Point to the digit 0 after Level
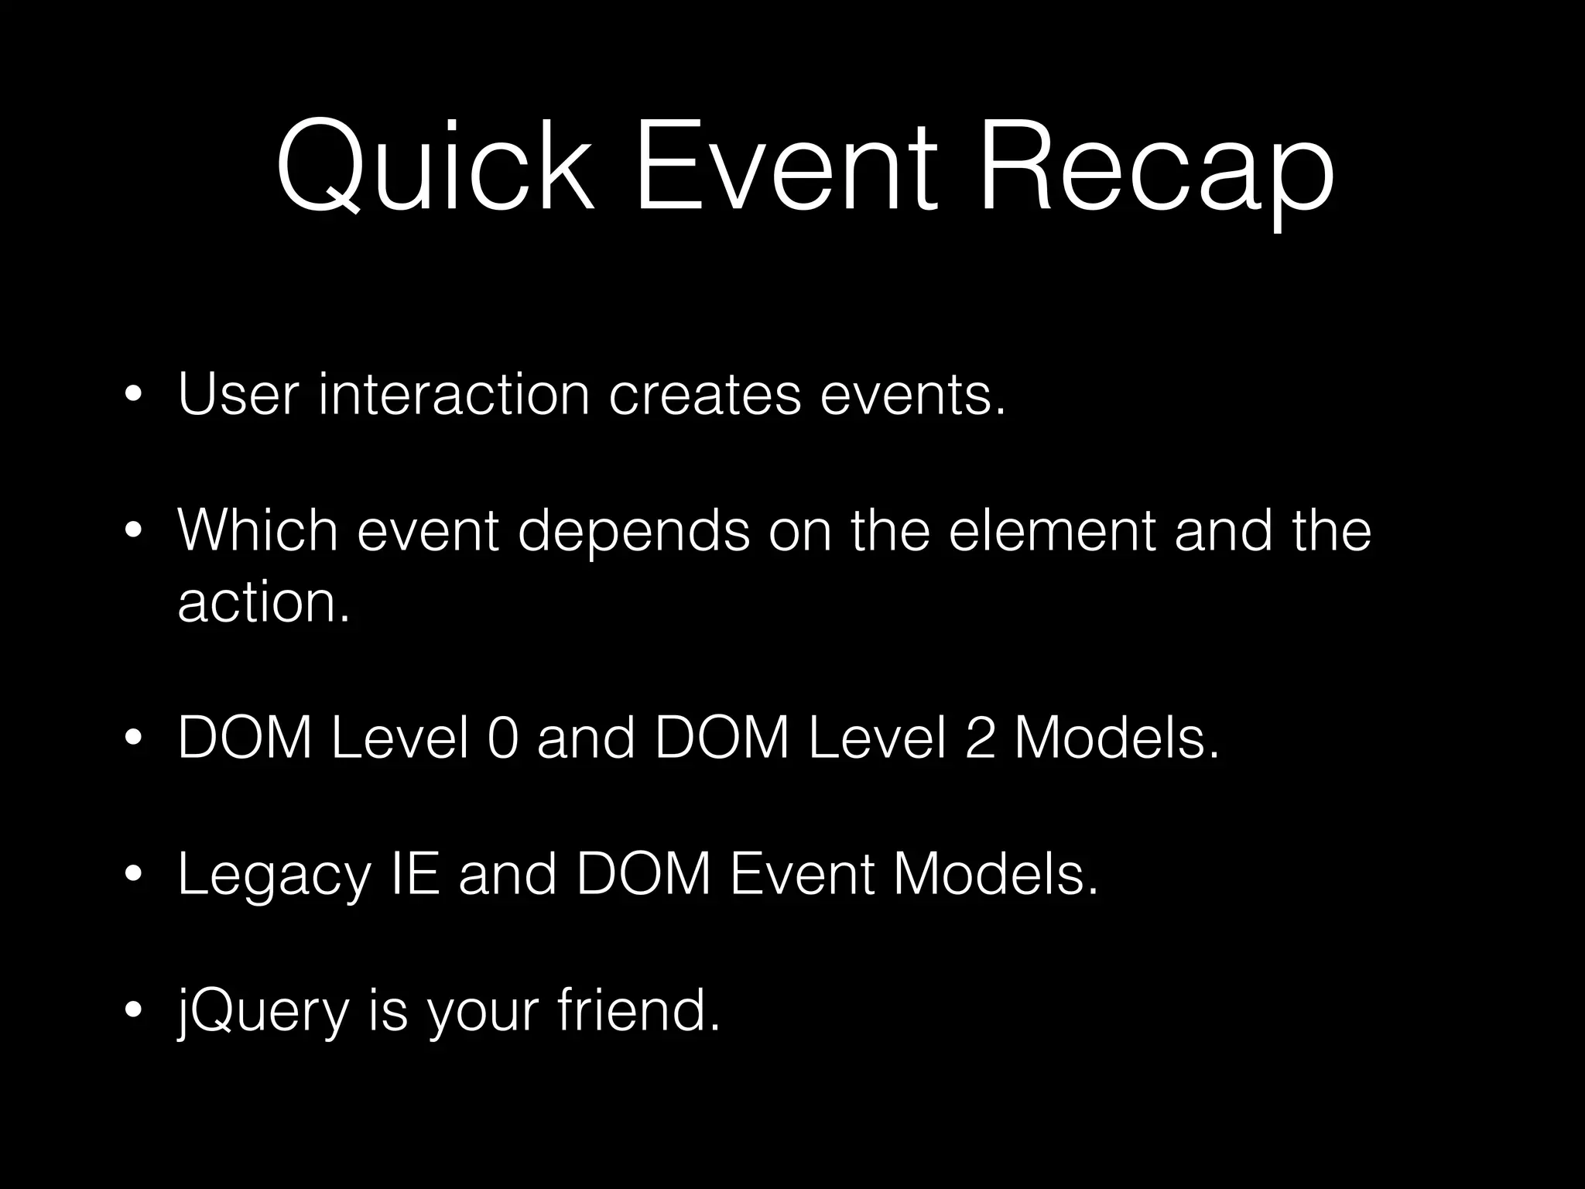tap(502, 738)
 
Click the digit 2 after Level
tap(980, 738)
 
